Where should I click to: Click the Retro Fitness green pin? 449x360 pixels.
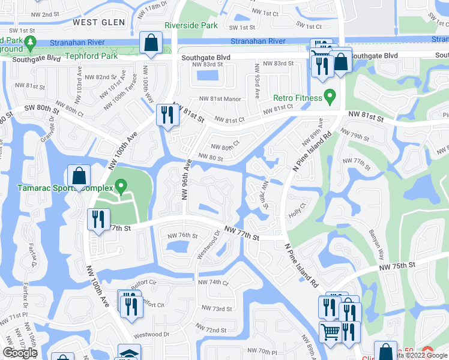point(329,96)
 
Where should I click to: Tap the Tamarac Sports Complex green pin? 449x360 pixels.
point(121,188)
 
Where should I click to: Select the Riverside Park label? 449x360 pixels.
point(191,26)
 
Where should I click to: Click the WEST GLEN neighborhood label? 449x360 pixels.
point(99,22)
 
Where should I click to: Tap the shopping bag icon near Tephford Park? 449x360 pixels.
point(149,43)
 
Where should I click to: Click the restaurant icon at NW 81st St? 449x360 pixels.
point(165,115)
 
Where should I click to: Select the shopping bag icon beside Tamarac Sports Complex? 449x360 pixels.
point(79,176)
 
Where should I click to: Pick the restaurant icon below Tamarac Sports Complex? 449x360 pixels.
point(98,219)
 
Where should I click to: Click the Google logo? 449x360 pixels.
point(20,353)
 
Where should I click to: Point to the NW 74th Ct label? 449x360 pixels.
point(213,282)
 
